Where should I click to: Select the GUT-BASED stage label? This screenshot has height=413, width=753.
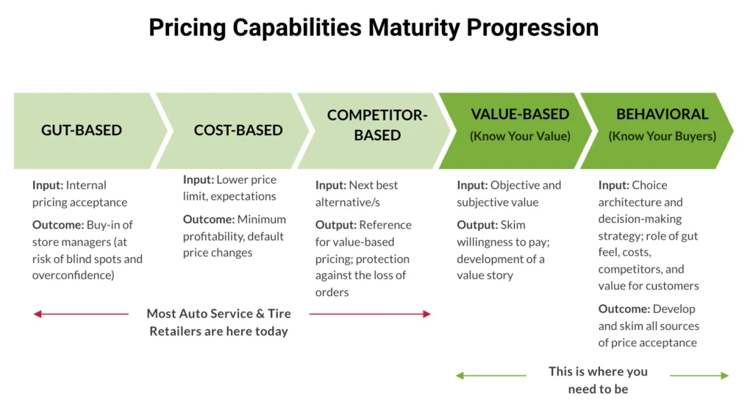point(82,130)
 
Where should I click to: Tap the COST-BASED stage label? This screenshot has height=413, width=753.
point(238,130)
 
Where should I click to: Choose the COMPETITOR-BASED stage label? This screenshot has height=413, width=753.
point(377,125)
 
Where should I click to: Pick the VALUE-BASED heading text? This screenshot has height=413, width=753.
point(520,114)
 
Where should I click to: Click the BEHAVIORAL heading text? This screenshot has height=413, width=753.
point(662,114)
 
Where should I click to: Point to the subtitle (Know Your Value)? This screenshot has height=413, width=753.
point(520,136)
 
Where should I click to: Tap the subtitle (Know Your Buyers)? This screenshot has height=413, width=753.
point(662,136)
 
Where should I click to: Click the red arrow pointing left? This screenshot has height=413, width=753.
point(81,314)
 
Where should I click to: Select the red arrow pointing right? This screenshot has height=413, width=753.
point(370,314)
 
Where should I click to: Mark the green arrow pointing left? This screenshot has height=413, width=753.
point(490,376)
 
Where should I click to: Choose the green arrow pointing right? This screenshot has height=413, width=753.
point(699,376)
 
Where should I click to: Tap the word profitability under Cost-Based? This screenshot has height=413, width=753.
point(214,236)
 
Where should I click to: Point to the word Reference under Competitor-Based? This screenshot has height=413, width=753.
point(385,225)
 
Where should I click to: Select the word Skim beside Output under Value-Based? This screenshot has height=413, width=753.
point(513,225)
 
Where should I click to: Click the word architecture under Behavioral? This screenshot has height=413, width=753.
point(630,202)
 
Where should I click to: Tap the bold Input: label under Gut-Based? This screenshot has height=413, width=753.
point(48,185)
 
